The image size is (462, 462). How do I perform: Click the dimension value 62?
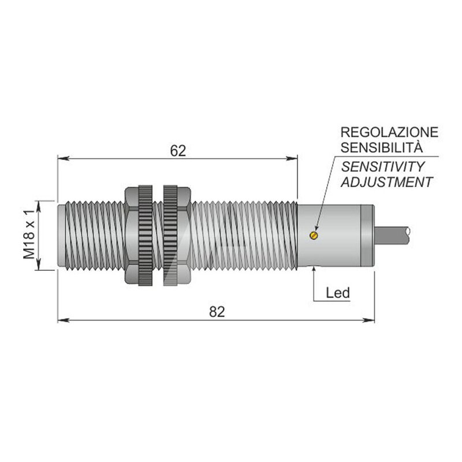(178, 151)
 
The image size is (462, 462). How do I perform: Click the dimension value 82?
(217, 312)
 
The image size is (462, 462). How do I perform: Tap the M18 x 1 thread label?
(29, 234)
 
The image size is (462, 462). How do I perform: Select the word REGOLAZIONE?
(389, 132)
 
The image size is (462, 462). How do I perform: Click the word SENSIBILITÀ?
(382, 147)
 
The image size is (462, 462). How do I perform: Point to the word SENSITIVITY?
(383, 167)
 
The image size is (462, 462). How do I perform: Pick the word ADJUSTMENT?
(387, 182)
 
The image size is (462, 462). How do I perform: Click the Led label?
(338, 293)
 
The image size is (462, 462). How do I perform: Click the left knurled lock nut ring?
(146, 236)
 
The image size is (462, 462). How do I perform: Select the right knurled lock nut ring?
(170, 236)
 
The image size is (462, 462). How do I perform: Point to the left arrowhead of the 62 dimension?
(64, 158)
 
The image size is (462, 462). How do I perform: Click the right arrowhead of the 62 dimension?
(292, 158)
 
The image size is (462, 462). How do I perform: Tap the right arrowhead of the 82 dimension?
(368, 320)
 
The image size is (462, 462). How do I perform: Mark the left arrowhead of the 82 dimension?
(64, 320)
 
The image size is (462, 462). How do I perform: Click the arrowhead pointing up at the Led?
(314, 270)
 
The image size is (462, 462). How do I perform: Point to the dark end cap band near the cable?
(367, 236)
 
